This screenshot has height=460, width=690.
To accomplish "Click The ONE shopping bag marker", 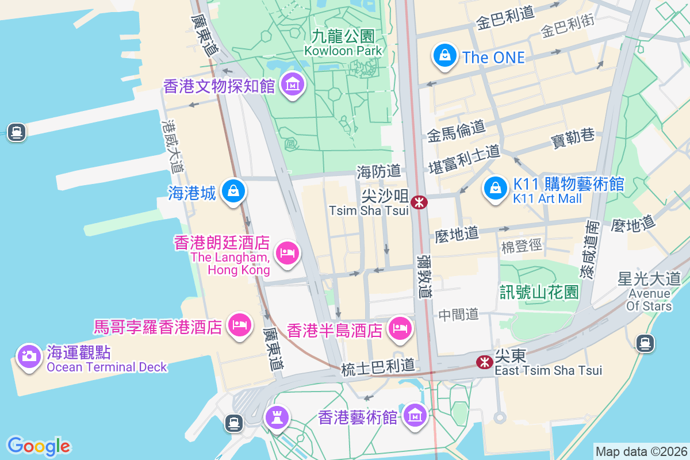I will pyautogui.click(x=444, y=56).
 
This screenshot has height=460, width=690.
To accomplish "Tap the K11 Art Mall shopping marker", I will pyautogui.click(x=494, y=188).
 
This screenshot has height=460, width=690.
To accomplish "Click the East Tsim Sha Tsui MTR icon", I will pyautogui.click(x=484, y=362).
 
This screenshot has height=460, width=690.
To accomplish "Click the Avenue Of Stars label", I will pyautogui.click(x=649, y=294).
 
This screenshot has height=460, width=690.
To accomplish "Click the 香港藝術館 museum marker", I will pyautogui.click(x=414, y=414).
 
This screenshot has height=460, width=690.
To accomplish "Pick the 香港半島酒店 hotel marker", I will pyautogui.click(x=400, y=328).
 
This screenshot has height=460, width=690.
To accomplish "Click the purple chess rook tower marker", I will pyautogui.click(x=276, y=416).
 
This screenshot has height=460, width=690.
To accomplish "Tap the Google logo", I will pyautogui.click(x=39, y=446).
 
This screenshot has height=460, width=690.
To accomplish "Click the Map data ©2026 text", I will pyautogui.click(x=640, y=452).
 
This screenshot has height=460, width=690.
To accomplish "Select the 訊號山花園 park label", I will pyautogui.click(x=539, y=292).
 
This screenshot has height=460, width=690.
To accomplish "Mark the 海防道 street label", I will pyautogui.click(x=378, y=171).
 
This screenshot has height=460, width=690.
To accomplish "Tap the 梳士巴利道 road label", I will pyautogui.click(x=378, y=366).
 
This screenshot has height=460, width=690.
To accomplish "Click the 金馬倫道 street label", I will pyautogui.click(x=456, y=132).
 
